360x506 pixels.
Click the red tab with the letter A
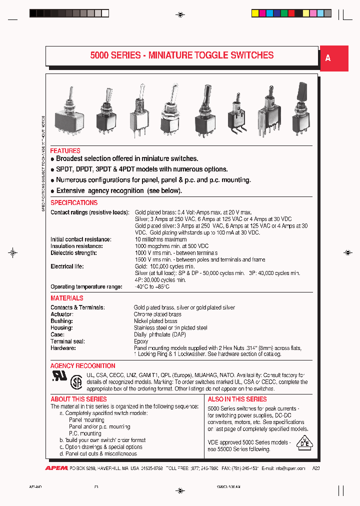[x=333, y=58]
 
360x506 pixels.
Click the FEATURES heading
[x=65, y=150]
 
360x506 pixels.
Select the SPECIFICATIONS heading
[x=74, y=202]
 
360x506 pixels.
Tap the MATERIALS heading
[x=67, y=298]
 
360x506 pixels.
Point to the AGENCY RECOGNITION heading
[x=82, y=365]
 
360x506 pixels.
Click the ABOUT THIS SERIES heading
[x=78, y=399]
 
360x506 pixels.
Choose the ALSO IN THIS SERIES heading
[x=237, y=399]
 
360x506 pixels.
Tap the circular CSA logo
[x=76, y=382]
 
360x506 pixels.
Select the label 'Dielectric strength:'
[x=73, y=253]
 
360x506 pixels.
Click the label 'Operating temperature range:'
[x=86, y=286]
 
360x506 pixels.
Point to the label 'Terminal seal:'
[x=68, y=341]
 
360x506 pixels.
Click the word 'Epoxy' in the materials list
[x=141, y=341]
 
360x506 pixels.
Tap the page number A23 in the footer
[x=316, y=468]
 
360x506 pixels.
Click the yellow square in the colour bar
[x=254, y=13]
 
